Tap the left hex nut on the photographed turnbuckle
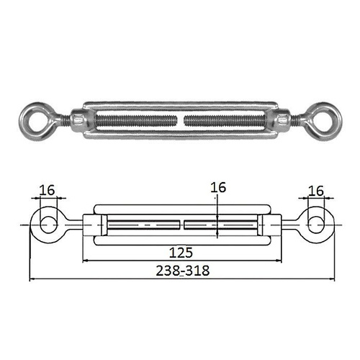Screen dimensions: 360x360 (78, 119)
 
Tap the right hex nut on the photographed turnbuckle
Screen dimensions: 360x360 (284, 119)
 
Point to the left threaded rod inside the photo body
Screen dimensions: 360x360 (136, 120)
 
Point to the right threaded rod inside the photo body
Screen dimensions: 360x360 (225, 120)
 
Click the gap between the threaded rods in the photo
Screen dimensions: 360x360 (181, 120)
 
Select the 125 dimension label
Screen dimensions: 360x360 (181, 253)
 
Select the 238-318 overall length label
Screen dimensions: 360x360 (183, 271)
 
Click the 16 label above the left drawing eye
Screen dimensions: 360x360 (47, 190)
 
